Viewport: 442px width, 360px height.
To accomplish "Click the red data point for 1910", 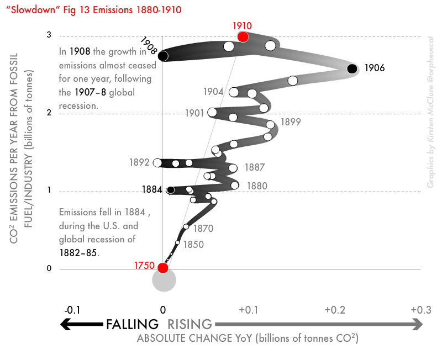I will [243, 36].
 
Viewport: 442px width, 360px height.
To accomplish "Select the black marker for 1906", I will [352, 68].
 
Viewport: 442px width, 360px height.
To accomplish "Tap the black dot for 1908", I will [162, 56].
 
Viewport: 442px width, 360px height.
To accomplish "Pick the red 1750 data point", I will [162, 268].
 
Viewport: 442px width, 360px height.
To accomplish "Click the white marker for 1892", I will [157, 163].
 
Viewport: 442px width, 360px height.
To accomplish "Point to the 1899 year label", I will [291, 122].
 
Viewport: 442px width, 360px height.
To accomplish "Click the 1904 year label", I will [213, 92].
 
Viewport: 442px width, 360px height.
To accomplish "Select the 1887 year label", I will [254, 167].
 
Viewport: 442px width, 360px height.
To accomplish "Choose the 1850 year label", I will [193, 244].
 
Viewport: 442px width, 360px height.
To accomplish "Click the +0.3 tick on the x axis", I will [421, 310].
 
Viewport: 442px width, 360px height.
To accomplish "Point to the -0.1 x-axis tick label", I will [72, 310].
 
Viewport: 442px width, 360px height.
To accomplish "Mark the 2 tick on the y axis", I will [49, 113].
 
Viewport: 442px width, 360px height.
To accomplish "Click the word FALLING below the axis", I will [133, 325].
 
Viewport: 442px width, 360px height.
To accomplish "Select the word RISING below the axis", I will [190, 325].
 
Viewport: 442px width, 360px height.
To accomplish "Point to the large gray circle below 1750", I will [164, 280].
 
